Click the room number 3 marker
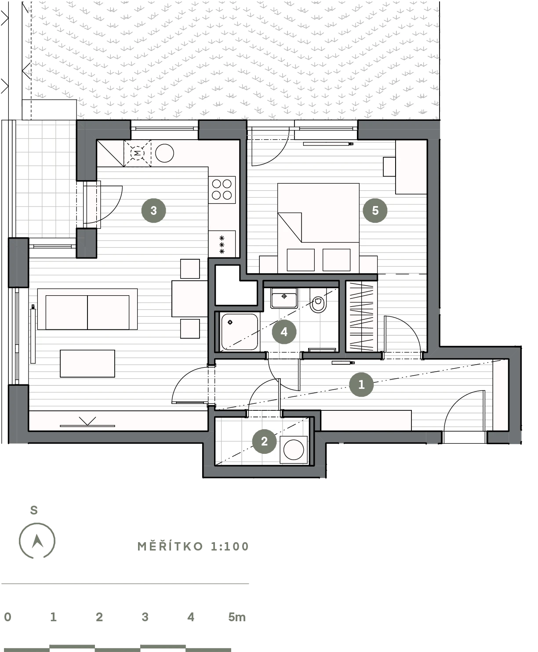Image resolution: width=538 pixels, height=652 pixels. pyautogui.click(x=153, y=210)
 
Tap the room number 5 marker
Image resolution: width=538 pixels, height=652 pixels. pyautogui.click(x=375, y=210)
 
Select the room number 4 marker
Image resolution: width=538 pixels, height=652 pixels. pyautogui.click(x=284, y=332)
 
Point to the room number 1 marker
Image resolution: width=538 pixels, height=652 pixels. pyautogui.click(x=361, y=384)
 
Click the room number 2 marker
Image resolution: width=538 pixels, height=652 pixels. pyautogui.click(x=264, y=441)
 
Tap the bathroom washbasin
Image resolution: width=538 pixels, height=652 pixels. pyautogui.click(x=284, y=298)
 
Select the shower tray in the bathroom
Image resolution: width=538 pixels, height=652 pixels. pyautogui.click(x=240, y=332)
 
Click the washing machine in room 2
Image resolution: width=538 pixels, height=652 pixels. pyautogui.click(x=294, y=449)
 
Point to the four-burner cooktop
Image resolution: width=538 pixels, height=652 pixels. pyautogui.click(x=222, y=189)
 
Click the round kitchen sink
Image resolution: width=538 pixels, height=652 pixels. pyautogui.click(x=164, y=153)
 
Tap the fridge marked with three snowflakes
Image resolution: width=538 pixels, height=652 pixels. pyautogui.click(x=222, y=244)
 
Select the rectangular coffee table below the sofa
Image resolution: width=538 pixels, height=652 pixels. pyautogui.click(x=87, y=363)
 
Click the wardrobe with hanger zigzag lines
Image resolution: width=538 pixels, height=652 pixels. pyautogui.click(x=361, y=316)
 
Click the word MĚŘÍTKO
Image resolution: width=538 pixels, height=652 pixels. pyautogui.click(x=171, y=547)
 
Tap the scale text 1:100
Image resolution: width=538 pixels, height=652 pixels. pyautogui.click(x=230, y=547)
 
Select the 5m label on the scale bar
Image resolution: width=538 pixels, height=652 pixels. pyautogui.click(x=237, y=617)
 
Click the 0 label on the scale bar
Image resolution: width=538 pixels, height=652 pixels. pyautogui.click(x=8, y=617)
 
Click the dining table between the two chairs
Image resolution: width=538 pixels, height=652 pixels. pyautogui.click(x=189, y=299)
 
